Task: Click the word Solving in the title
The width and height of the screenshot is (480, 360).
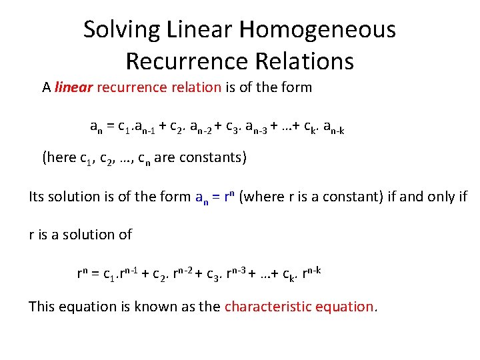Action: click(121, 30)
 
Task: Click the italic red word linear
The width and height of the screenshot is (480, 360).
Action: click(73, 87)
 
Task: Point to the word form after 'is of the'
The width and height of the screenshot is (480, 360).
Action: click(295, 87)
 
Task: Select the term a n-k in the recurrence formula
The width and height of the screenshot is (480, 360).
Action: click(331, 127)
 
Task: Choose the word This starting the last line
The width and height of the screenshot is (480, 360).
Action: click(43, 307)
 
